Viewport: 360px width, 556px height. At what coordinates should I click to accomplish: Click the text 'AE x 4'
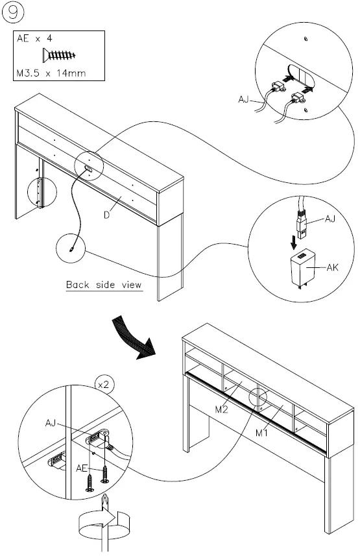(x=34, y=40)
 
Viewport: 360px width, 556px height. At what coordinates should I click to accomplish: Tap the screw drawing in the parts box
(x=59, y=56)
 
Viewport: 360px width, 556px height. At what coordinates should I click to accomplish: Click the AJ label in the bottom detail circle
(x=51, y=422)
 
